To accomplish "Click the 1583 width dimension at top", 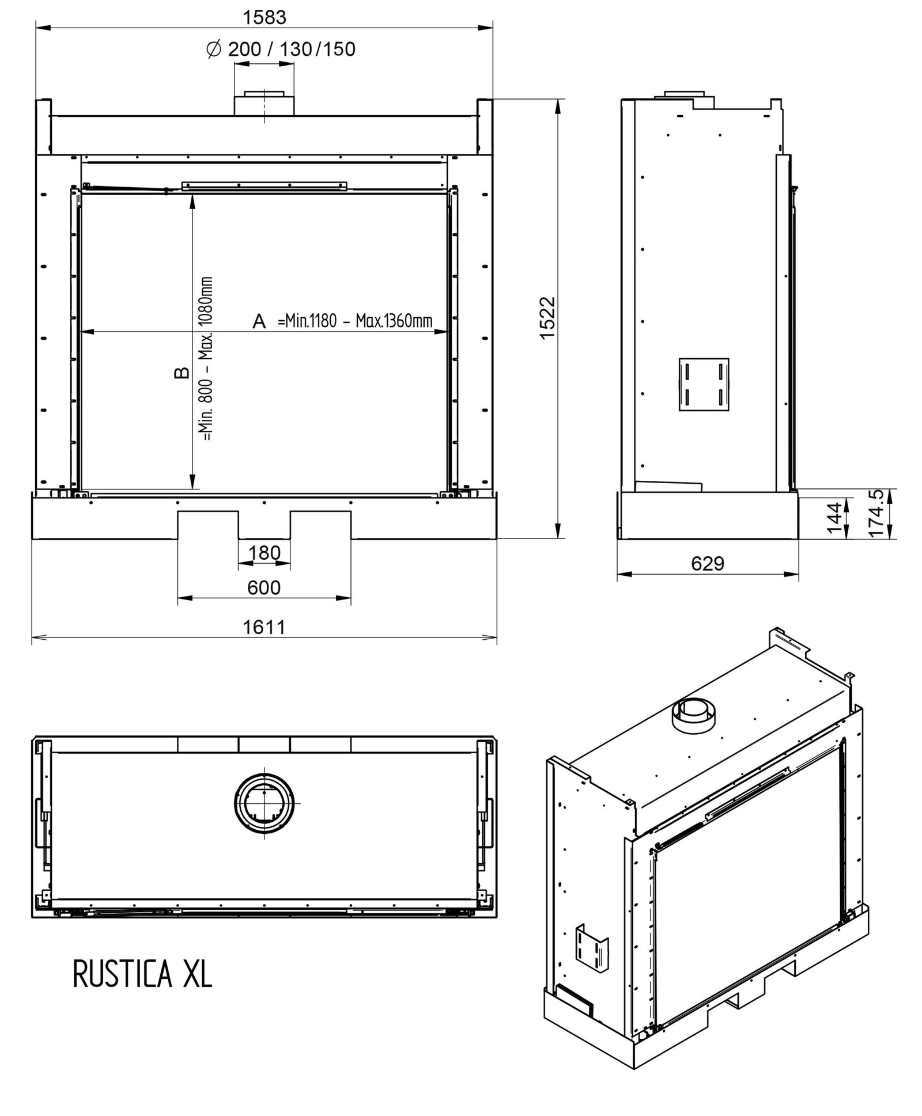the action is (x=264, y=17).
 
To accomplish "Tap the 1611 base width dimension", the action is (x=264, y=627).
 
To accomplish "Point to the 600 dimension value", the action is (x=264, y=587).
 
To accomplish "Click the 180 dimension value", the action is (x=264, y=553).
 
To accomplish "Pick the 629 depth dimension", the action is (x=707, y=563).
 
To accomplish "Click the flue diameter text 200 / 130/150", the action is (x=292, y=49).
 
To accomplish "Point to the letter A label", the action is (x=259, y=321).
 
